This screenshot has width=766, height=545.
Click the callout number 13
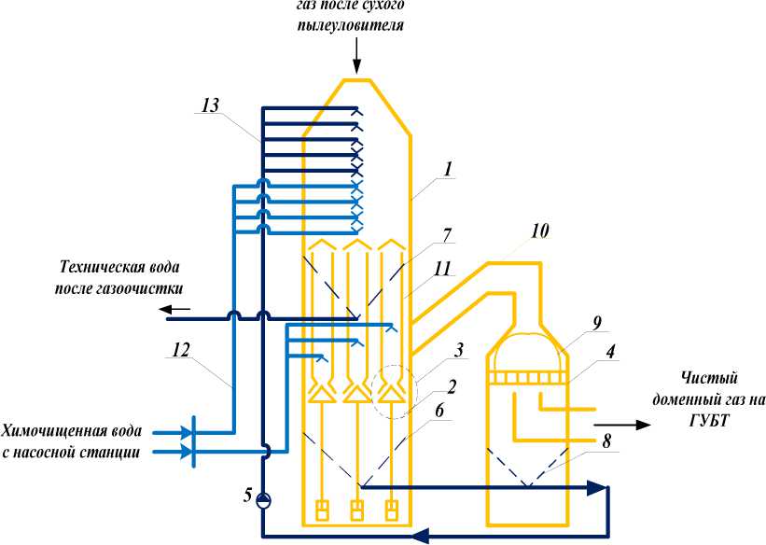(212, 106)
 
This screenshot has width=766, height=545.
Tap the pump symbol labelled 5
(264, 499)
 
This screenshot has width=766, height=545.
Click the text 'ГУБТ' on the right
(707, 419)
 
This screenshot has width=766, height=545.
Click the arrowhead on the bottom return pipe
(422, 535)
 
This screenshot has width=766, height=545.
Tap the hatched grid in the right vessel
(527, 376)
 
